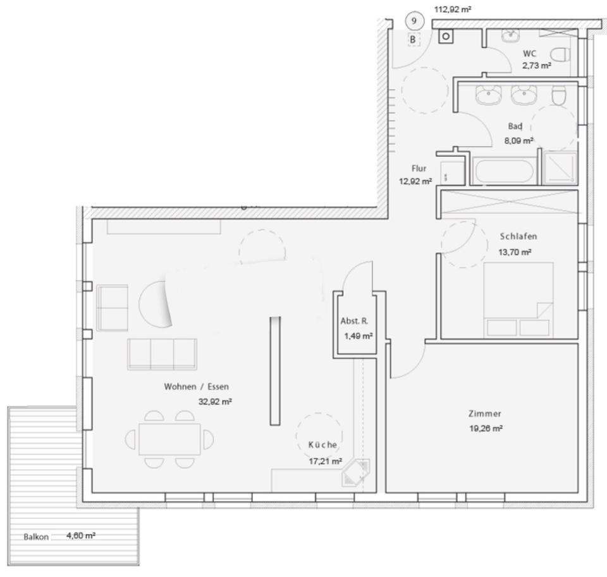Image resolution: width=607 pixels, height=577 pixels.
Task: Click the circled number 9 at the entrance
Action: point(414,21)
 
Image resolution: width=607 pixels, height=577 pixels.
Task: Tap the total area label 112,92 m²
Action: point(453,9)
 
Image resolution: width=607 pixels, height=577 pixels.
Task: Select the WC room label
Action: point(529,54)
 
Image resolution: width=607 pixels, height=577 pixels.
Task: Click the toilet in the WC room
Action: point(560,52)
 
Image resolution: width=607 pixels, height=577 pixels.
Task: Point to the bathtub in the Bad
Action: point(503,171)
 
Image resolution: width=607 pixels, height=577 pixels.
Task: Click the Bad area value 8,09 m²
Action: point(518,140)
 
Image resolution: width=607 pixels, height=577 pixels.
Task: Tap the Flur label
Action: point(419,169)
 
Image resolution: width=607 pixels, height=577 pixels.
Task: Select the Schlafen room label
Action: point(518,236)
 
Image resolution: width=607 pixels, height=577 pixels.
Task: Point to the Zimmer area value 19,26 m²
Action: point(485,428)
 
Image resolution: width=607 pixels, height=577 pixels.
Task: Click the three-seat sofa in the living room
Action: point(162,354)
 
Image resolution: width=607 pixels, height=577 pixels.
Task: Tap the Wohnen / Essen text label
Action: point(196,386)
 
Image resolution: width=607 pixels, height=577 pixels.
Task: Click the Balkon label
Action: point(37,537)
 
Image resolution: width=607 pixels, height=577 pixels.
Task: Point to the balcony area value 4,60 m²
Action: point(81,535)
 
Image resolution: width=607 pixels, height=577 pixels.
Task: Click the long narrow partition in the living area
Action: point(274,370)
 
